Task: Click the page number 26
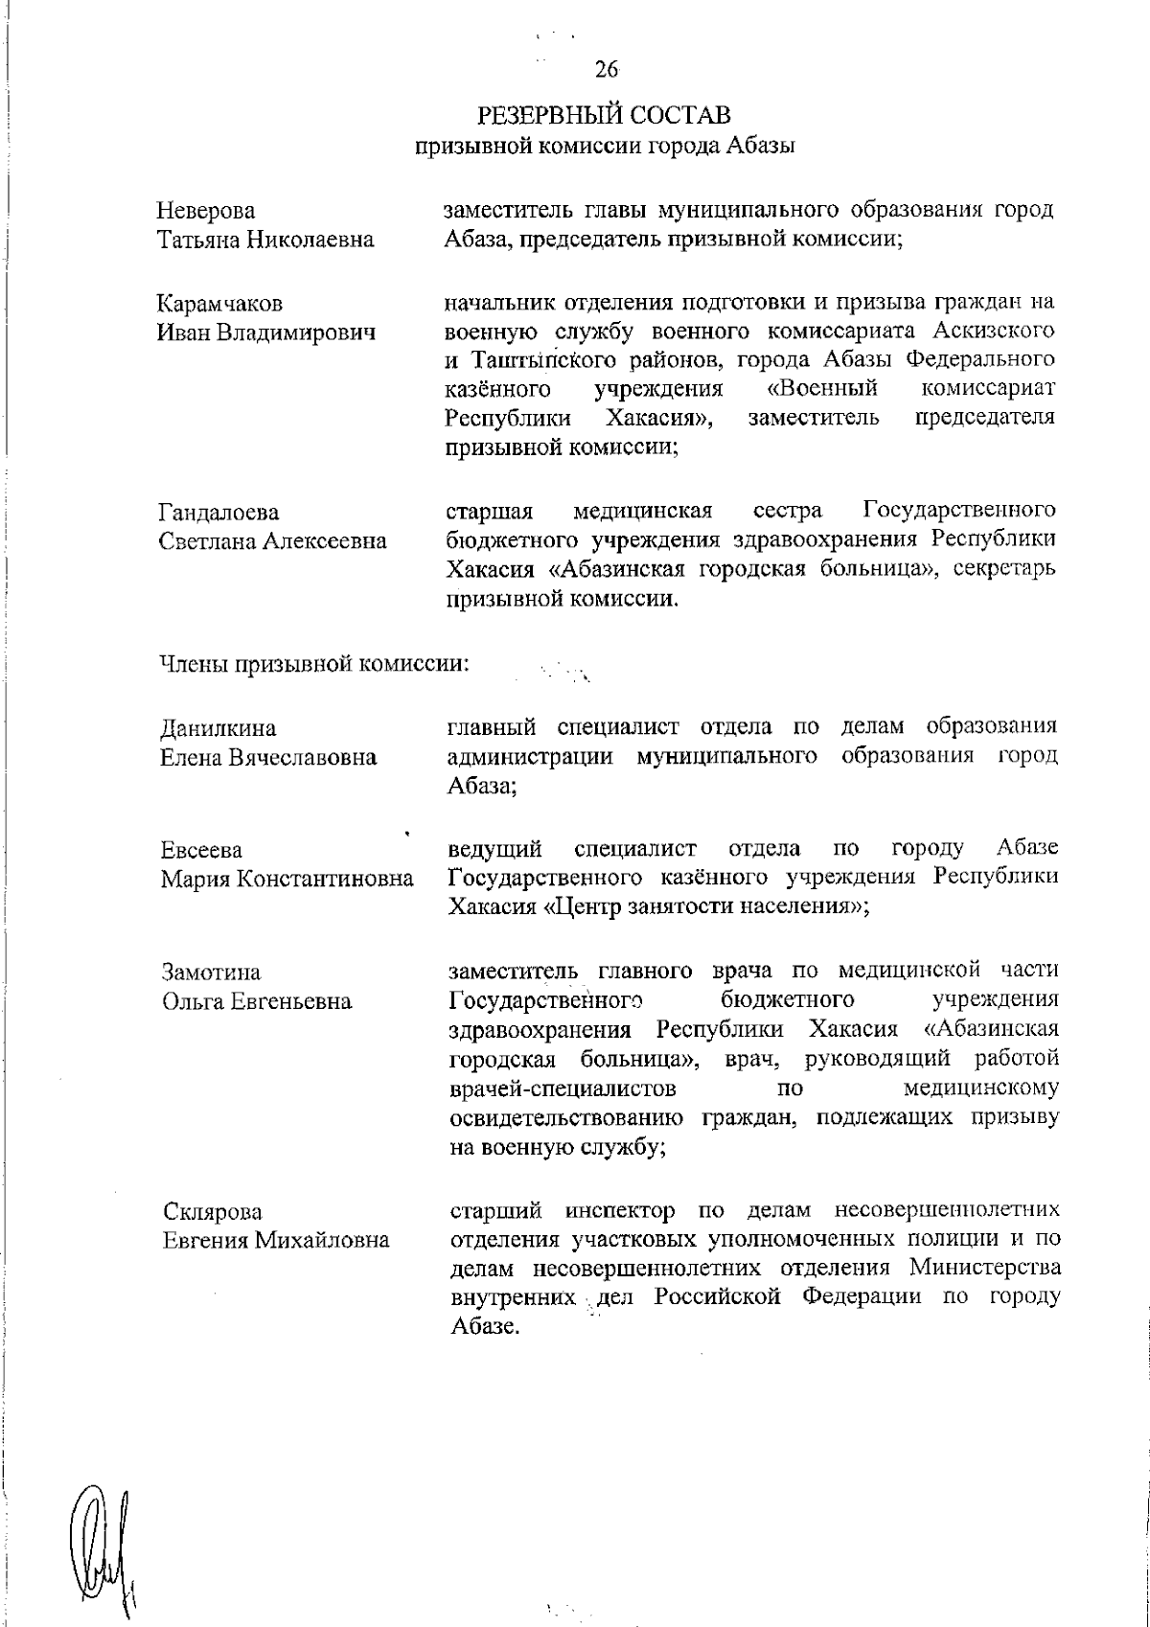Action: pyautogui.click(x=605, y=69)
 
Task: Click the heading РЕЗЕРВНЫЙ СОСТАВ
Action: pyautogui.click(x=605, y=116)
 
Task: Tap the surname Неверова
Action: pyautogui.click(x=206, y=211)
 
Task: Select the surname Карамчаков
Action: pyautogui.click(x=219, y=305)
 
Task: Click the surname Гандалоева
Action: pyautogui.click(x=218, y=513)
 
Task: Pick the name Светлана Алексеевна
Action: pyautogui.click(x=272, y=541)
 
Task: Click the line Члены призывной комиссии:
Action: pyautogui.click(x=312, y=664)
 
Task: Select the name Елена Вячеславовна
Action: pyautogui.click(x=267, y=758)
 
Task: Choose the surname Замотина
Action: pyautogui.click(x=211, y=974)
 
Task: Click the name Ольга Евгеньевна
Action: pyautogui.click(x=256, y=1002)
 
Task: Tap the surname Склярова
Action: pyautogui.click(x=211, y=1212)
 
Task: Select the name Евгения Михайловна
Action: pyautogui.click(x=275, y=1241)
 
